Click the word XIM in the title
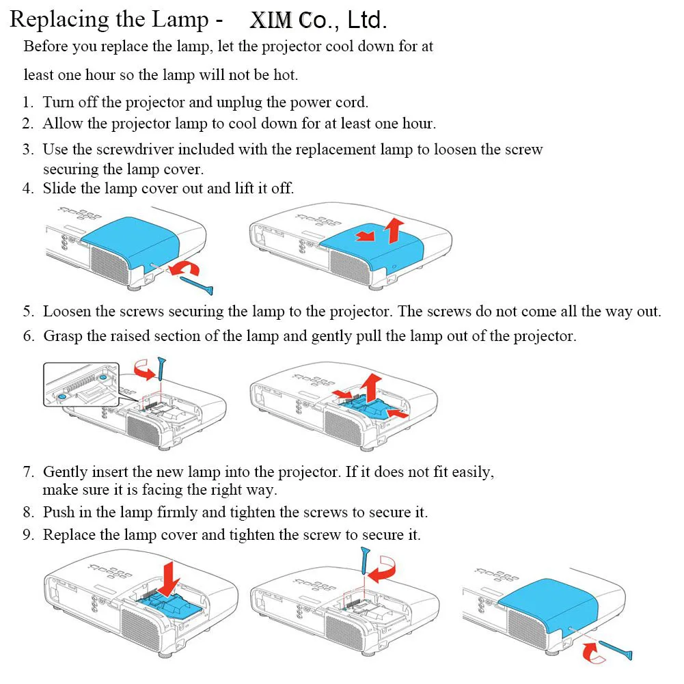click(x=272, y=20)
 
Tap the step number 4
click(x=28, y=189)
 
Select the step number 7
click(x=28, y=471)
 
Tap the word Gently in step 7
click(x=67, y=471)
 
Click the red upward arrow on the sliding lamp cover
click(x=393, y=230)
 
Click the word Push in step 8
click(x=58, y=512)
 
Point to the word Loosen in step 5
click(x=68, y=312)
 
